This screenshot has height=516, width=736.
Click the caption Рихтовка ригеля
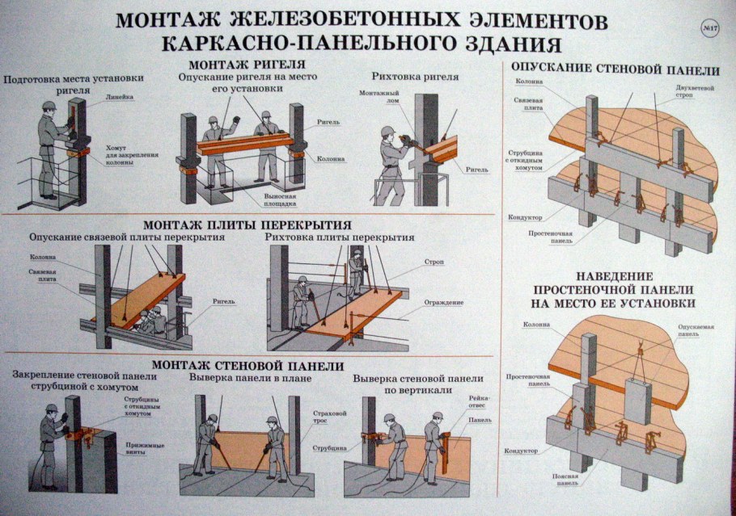click(415, 77)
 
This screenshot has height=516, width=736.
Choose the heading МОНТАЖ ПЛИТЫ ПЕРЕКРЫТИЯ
click(247, 224)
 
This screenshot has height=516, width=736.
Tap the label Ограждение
click(443, 303)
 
